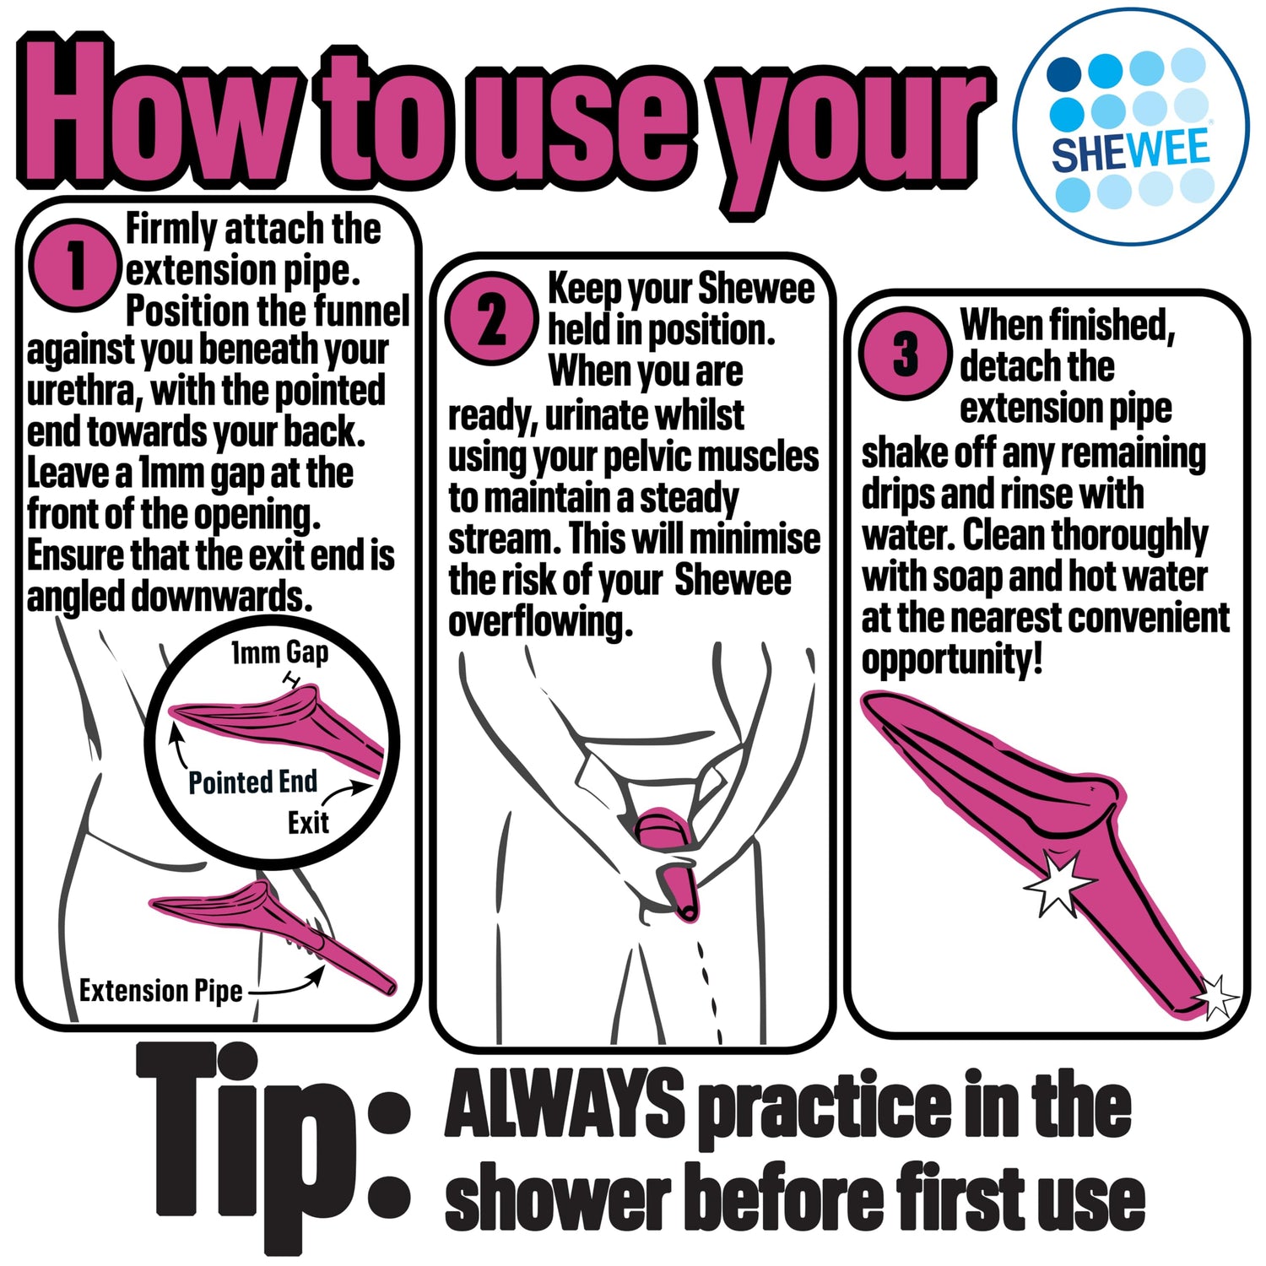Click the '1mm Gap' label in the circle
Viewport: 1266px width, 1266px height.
[x=280, y=653]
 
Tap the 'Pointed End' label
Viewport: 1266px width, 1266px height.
[x=252, y=782]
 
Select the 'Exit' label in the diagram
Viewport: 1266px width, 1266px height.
[x=308, y=823]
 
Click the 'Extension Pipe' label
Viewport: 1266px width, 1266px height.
[x=161, y=990]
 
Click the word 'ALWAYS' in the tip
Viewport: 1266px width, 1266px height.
[x=565, y=1101]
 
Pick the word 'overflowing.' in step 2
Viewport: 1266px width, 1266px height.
[x=540, y=623]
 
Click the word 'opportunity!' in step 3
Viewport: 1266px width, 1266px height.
[x=952, y=660]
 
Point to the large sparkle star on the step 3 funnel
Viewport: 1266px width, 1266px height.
[x=1060, y=881]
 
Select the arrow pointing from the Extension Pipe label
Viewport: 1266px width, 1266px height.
[x=285, y=983]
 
